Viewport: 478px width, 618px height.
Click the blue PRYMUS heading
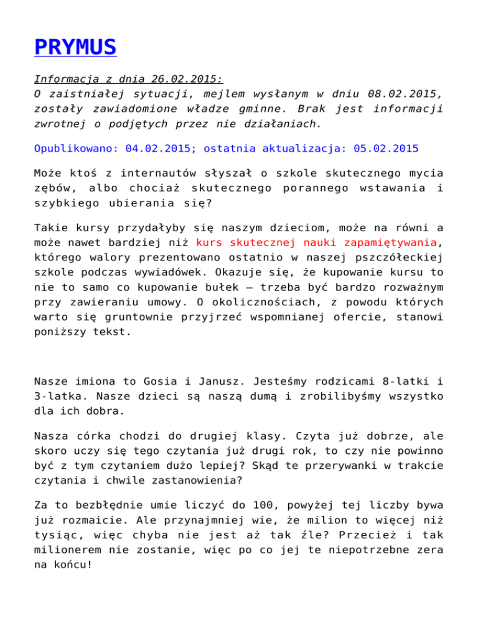[x=75, y=47]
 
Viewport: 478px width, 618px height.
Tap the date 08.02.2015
[x=385, y=95]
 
